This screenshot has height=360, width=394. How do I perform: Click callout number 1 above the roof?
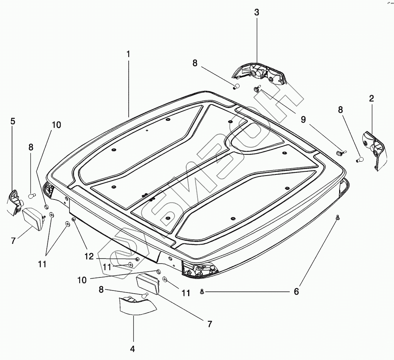tap(128, 54)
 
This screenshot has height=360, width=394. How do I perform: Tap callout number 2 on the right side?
tap(371, 98)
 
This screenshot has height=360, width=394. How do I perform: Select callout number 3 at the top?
tap(256, 12)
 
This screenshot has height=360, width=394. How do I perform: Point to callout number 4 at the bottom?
tap(132, 349)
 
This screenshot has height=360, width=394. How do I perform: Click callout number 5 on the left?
tap(13, 122)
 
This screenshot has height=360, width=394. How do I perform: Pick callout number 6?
tap(296, 292)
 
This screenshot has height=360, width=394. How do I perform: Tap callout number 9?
tap(303, 120)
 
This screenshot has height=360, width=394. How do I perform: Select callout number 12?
tap(89, 256)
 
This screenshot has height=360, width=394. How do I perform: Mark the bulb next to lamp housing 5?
tap(32, 196)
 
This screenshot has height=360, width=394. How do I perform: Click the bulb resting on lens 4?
tap(145, 295)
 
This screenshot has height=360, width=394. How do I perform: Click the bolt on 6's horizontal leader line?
tap(202, 292)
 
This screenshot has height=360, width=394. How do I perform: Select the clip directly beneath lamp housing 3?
tap(256, 90)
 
